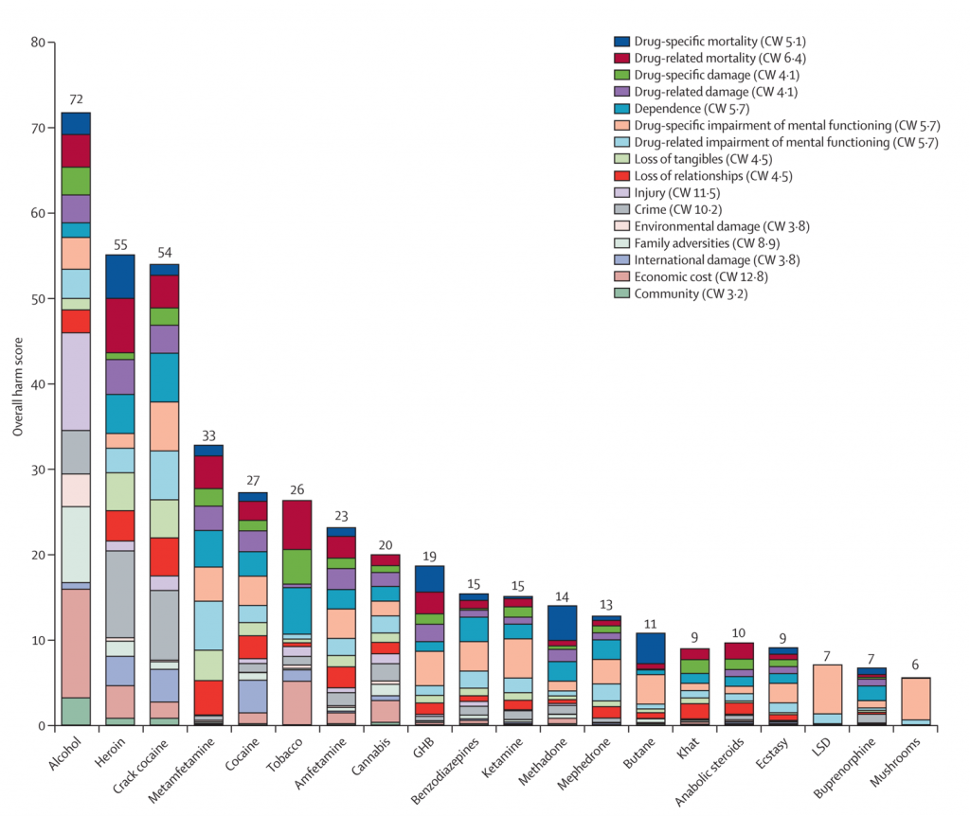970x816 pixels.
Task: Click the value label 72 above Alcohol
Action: pos(76,99)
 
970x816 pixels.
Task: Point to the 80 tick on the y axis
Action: pos(38,43)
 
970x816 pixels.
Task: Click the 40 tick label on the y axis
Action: pos(38,384)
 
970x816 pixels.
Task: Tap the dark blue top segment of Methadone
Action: pos(563,622)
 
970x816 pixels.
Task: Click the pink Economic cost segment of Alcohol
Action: pos(76,643)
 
